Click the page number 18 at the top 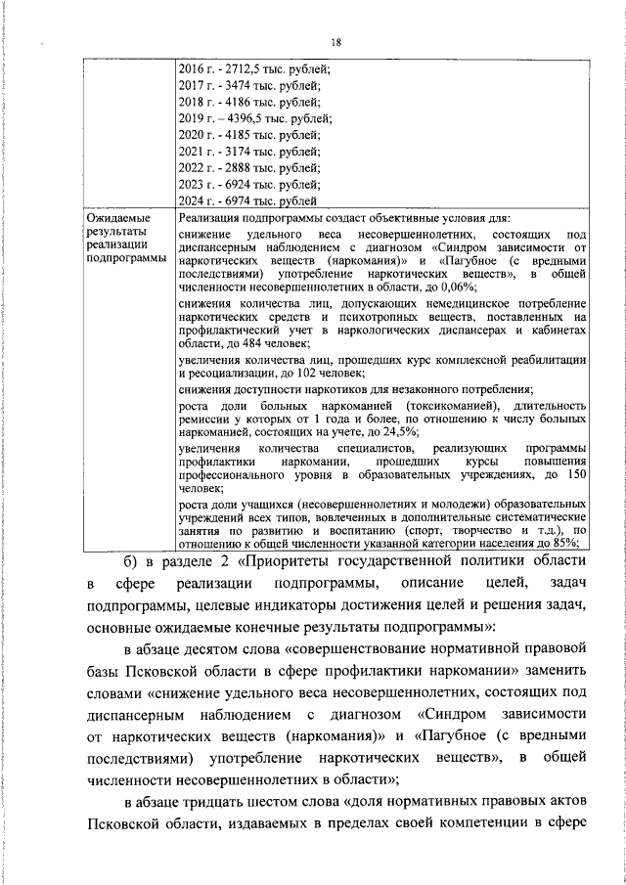click(x=335, y=42)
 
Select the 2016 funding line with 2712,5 click(x=255, y=68)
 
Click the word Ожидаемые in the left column click(x=118, y=217)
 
